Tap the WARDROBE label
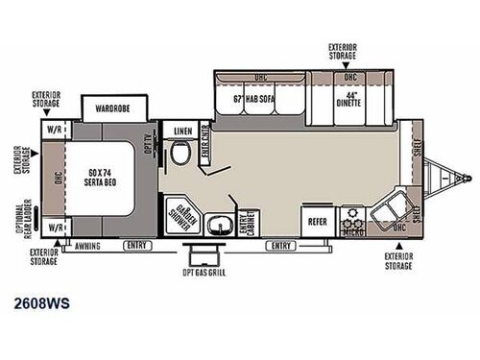(x=108, y=108)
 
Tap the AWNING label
(x=88, y=246)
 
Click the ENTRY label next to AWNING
(x=134, y=246)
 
